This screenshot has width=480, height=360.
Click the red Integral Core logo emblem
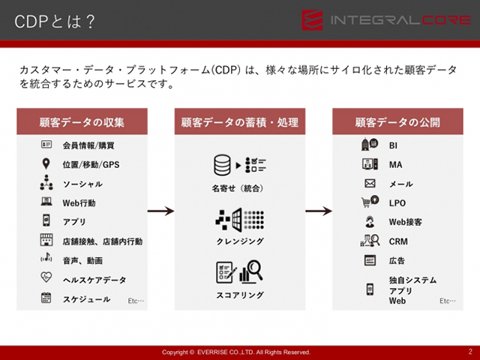point(312,20)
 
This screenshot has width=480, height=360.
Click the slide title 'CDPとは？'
point(55,22)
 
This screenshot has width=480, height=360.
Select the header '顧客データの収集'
point(82,122)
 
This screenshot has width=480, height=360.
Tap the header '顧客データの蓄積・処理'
point(240,122)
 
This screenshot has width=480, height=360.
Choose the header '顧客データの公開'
point(397,122)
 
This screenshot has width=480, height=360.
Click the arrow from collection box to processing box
point(161,211)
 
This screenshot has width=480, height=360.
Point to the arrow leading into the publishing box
point(319,211)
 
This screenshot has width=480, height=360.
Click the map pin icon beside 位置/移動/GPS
point(46,163)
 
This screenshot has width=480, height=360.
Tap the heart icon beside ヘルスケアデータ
point(46,277)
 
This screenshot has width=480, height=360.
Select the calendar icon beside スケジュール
point(46,298)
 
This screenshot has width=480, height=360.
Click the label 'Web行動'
point(79,203)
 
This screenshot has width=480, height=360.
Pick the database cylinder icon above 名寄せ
point(222,165)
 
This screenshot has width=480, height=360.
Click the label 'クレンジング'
point(240,241)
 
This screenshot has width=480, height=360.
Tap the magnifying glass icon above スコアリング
point(255,269)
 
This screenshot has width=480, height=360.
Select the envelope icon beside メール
point(370,183)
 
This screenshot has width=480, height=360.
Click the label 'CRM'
point(398,241)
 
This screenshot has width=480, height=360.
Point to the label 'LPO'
point(397,203)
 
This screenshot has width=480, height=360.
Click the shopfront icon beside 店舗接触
point(46,240)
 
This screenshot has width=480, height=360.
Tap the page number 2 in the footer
point(470,352)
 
